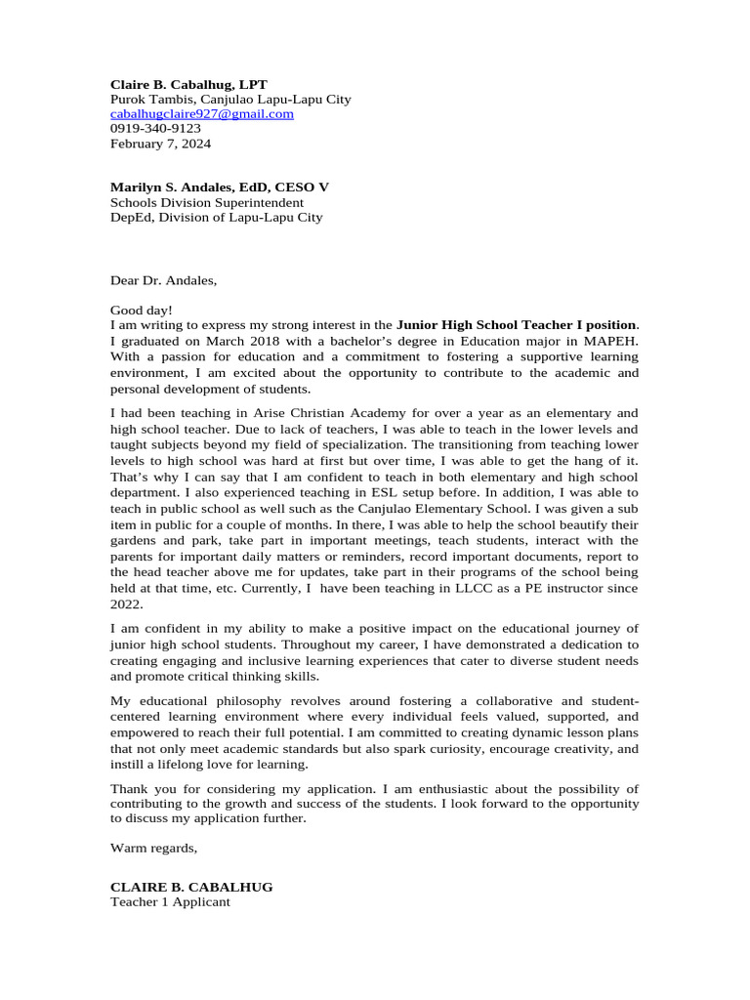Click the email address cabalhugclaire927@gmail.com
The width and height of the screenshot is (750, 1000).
tap(202, 114)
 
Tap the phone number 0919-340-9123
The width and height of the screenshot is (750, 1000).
tap(155, 129)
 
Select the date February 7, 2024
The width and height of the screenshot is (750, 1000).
tap(160, 144)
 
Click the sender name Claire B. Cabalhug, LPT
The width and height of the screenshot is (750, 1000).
tap(188, 85)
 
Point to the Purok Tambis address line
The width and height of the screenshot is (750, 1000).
tap(230, 100)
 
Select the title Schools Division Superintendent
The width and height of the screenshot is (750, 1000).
tap(206, 202)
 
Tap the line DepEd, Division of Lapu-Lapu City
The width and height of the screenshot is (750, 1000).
tap(216, 217)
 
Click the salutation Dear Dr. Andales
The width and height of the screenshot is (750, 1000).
tap(163, 281)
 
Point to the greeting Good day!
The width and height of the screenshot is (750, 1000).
tap(142, 311)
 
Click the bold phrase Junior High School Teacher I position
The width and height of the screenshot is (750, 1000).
tap(517, 324)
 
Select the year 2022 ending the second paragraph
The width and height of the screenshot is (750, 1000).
tap(126, 604)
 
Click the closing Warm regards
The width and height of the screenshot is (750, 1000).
tap(153, 848)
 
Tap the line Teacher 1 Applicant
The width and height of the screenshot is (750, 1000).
tap(170, 902)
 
